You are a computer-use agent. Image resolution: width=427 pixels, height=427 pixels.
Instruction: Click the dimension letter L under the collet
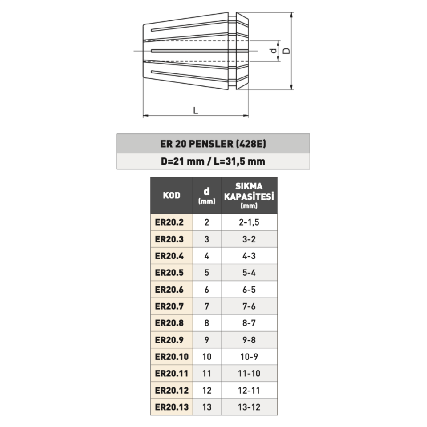click(196, 110)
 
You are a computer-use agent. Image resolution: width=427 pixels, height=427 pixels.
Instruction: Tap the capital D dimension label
click(287, 51)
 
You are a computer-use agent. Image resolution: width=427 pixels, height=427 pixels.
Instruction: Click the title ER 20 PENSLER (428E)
click(213, 144)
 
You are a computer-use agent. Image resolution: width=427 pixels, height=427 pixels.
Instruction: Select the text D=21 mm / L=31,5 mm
click(213, 161)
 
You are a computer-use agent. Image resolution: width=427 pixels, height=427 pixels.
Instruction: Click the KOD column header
click(172, 195)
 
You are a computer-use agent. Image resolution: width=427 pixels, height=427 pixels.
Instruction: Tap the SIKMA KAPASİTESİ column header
click(249, 195)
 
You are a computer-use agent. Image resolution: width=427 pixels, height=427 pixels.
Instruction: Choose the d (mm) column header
click(206, 195)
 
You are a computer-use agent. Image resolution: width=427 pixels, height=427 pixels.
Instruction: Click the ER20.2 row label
click(169, 222)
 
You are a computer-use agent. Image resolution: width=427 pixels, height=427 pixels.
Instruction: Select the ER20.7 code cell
click(169, 306)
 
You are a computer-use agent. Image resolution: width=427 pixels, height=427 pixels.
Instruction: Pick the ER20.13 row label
click(172, 407)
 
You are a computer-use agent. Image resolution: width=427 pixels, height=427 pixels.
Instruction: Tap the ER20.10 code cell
click(172, 357)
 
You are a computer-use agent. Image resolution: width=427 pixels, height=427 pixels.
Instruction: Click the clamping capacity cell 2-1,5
click(249, 222)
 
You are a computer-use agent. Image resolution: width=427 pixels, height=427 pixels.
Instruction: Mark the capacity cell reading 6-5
click(249, 289)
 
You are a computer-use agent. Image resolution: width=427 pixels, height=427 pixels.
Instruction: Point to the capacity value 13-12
click(249, 407)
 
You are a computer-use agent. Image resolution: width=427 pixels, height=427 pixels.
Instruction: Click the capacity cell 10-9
click(249, 357)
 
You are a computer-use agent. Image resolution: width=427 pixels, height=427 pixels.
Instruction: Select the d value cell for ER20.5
click(206, 273)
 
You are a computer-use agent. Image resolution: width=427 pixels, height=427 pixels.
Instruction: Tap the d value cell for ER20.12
click(206, 391)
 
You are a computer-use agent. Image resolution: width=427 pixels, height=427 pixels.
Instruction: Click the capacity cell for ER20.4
click(249, 256)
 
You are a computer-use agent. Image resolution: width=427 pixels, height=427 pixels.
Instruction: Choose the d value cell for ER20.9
click(206, 340)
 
